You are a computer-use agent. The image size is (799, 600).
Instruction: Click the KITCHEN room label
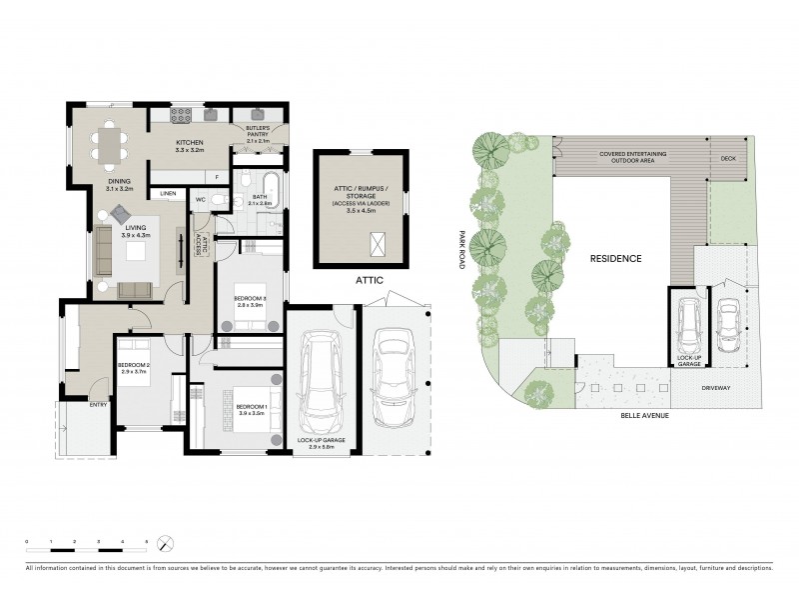(190, 143)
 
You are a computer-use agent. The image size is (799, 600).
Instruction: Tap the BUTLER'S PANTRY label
(258, 130)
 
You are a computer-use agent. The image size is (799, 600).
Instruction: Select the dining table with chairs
(110, 147)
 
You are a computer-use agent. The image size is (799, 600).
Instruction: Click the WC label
(200, 200)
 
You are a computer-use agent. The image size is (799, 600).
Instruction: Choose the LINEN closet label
(168, 193)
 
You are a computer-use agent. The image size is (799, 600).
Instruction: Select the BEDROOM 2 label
(133, 365)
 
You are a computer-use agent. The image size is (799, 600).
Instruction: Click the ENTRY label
(98, 405)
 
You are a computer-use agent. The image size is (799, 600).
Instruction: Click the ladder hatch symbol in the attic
(379, 243)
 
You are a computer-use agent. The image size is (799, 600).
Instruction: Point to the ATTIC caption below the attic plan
(370, 283)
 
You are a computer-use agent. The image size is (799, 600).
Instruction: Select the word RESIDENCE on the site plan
(615, 258)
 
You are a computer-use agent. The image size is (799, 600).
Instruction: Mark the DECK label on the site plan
(728, 158)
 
